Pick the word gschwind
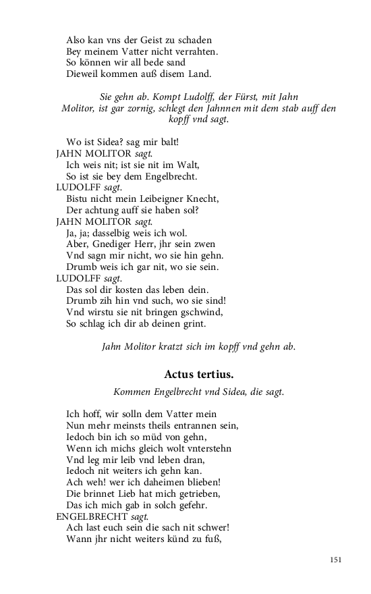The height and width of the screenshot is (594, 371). point(200,312)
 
